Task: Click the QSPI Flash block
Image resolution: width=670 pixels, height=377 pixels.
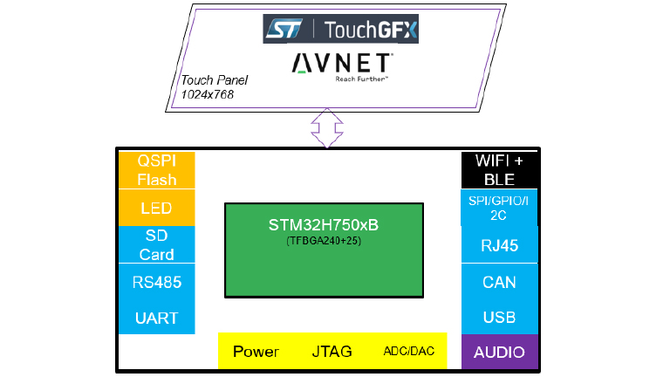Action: coord(157,170)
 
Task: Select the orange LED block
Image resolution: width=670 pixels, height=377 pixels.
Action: coord(157,209)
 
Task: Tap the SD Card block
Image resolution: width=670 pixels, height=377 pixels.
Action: coord(157,244)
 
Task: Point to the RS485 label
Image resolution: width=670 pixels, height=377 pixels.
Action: coord(157,282)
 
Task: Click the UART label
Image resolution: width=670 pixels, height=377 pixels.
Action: coord(157,318)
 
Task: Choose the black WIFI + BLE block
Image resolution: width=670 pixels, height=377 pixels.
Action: coord(500,170)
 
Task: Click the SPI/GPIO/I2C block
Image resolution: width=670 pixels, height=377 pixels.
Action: coord(500,207)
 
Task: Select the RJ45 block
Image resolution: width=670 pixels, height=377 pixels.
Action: coord(500,245)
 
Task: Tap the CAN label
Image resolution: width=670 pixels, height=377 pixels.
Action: coord(500,282)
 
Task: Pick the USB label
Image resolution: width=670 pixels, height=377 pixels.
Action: coord(500,317)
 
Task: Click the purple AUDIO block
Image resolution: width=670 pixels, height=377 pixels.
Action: coord(500,353)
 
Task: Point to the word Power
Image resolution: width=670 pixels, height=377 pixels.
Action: coord(256,352)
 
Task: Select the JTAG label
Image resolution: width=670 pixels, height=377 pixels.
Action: coord(332,352)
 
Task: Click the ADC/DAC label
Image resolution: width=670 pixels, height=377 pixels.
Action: coord(408,352)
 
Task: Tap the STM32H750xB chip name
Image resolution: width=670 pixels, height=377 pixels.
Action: coord(324,225)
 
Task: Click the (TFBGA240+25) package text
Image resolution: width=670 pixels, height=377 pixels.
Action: coord(324,240)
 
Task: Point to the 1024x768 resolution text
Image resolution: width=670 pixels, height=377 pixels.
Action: coord(208,94)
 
